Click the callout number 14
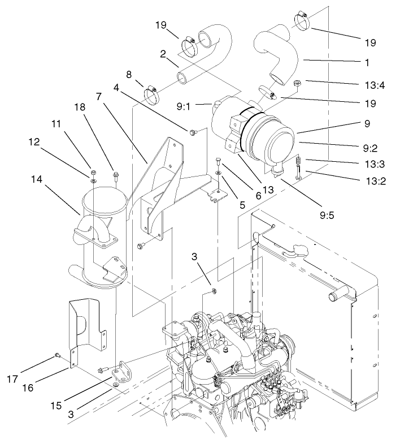click(37, 179)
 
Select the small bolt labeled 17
click(58, 355)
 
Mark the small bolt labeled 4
click(194, 132)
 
